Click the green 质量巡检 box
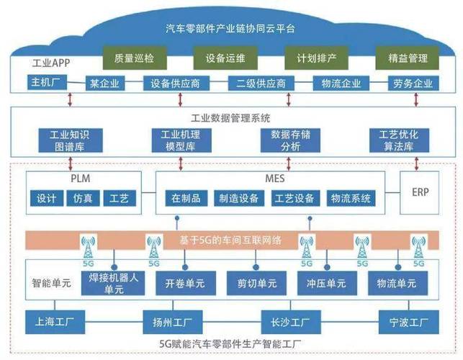pos(135,57)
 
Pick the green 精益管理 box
pos(408,57)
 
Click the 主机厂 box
pos(48,83)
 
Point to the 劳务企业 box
pos(413,84)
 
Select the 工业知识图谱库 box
pos(68,140)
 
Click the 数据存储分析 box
pos(284,140)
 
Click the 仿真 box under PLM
pos(83,198)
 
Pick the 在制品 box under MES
pos(185,198)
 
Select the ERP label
pos(421,192)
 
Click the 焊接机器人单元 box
pos(109,282)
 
